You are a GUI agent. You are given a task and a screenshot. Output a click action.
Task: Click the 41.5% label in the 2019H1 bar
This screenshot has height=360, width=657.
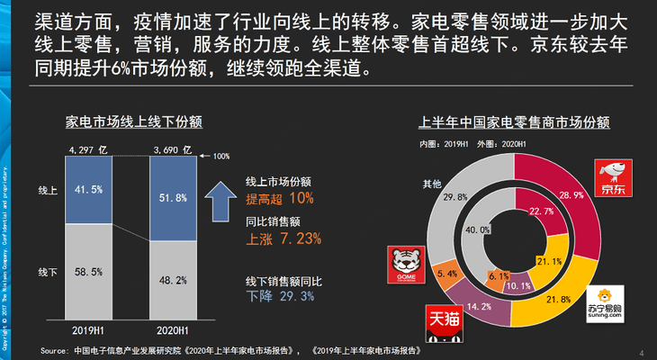tap(87, 190)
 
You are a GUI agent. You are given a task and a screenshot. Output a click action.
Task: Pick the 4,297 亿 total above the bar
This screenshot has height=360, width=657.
tap(87, 148)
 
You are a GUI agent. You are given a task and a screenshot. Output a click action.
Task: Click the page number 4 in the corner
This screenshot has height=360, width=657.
tap(641, 351)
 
